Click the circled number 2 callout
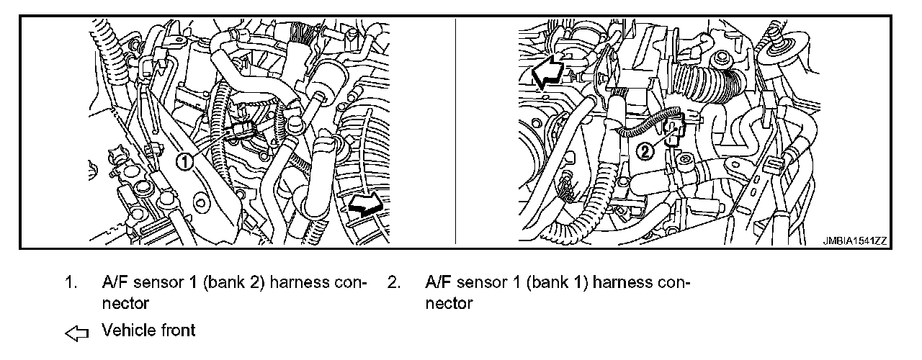tap(646, 150)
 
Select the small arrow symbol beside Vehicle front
tap(76, 333)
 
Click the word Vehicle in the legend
tap(127, 330)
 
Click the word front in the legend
tap(176, 330)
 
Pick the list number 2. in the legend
tap(393, 282)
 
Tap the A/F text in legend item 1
tap(115, 282)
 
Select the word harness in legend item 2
tap(626, 282)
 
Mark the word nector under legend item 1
tap(125, 303)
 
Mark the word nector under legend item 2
tap(449, 303)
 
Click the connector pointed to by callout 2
tap(674, 130)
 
